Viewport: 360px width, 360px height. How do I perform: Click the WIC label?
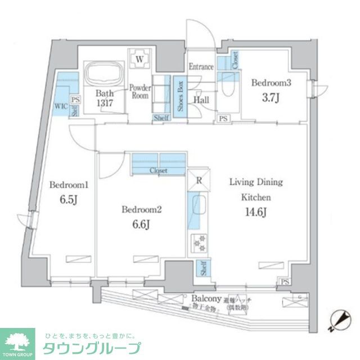point(61,105)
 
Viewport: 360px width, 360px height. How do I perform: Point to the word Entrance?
point(201,67)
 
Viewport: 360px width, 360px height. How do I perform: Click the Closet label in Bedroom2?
point(158,170)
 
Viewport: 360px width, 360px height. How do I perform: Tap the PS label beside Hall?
point(223,119)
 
